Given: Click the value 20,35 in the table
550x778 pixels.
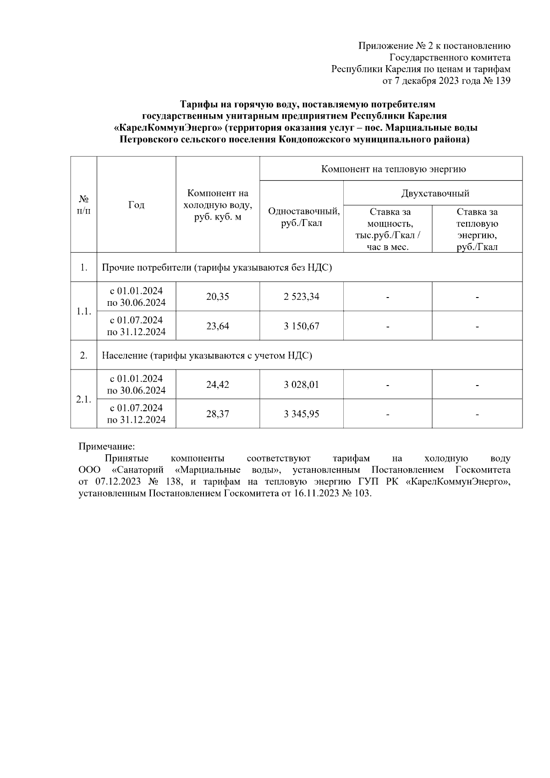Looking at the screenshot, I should tap(217, 297).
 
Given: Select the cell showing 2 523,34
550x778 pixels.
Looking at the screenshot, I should tap(301, 297).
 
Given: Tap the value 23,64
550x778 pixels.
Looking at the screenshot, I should tap(217, 326).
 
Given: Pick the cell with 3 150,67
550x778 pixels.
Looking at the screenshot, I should tap(301, 326).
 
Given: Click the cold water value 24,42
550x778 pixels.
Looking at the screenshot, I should tap(217, 385).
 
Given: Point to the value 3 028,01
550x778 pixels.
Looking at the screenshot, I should tap(301, 385).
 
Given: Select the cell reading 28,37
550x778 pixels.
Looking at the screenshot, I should tap(217, 414).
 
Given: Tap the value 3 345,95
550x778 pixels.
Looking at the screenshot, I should tap(301, 414).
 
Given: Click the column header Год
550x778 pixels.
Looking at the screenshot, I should tap(136, 205).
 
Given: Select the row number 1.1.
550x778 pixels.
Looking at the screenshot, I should tap(83, 311).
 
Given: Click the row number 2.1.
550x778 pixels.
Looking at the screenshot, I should tap(83, 399).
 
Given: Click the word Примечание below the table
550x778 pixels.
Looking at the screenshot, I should tap(107, 446).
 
